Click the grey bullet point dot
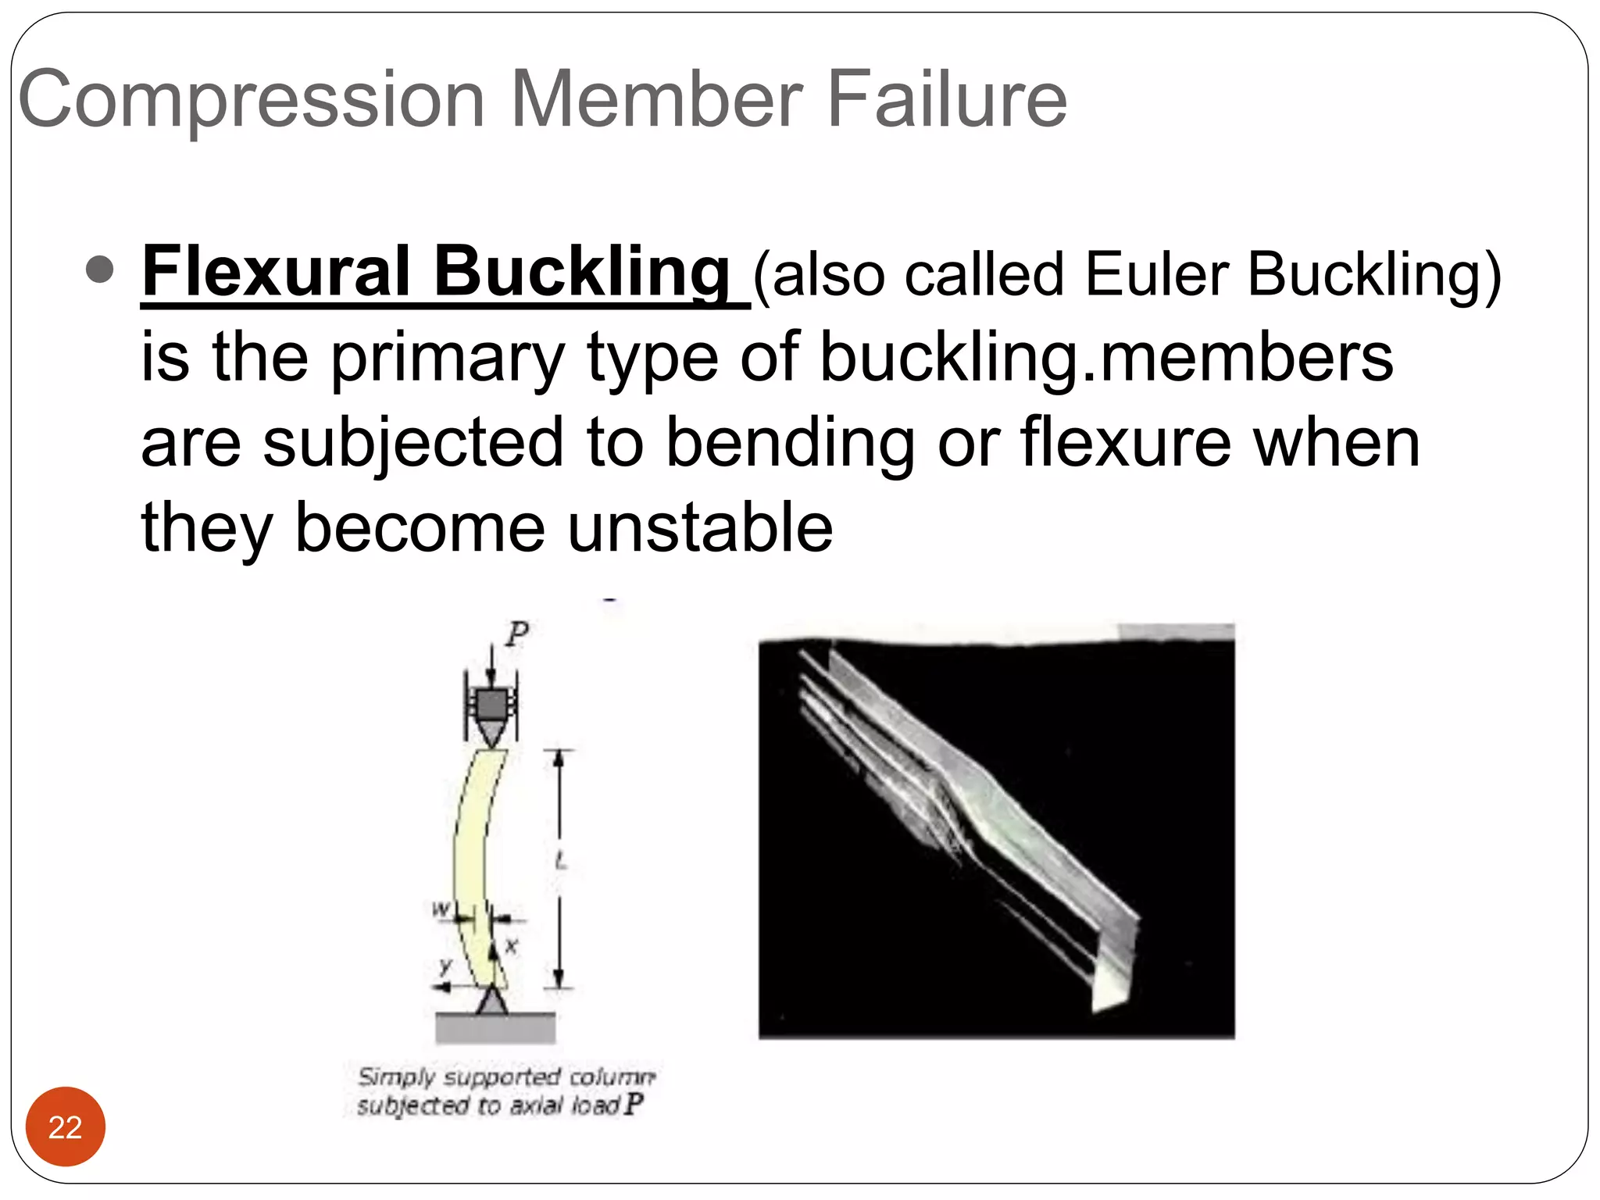[x=100, y=270]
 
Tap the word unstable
[x=700, y=527]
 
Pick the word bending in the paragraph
[x=790, y=442]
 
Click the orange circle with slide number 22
[x=66, y=1127]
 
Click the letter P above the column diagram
[x=516, y=633]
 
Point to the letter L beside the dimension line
[x=560, y=861]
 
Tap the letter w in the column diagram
[x=441, y=909]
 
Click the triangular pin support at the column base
[x=492, y=1001]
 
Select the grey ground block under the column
[x=495, y=1027]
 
